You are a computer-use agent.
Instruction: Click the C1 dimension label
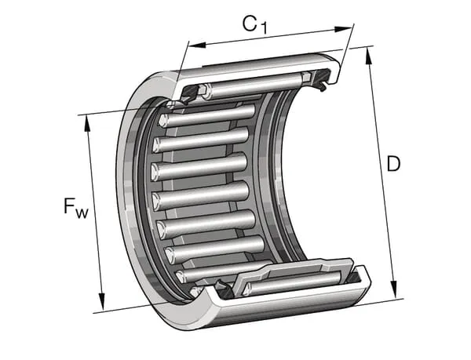[254, 25]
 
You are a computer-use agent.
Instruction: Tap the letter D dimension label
[393, 164]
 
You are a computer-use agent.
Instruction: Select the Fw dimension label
[76, 207]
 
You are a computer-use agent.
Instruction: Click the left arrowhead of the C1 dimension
[196, 45]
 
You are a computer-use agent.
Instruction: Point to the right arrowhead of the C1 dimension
[343, 29]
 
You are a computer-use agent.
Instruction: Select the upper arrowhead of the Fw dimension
[87, 124]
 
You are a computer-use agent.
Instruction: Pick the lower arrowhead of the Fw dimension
[102, 301]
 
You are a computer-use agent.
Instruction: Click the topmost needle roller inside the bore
[207, 116]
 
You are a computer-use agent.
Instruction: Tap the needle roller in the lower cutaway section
[292, 283]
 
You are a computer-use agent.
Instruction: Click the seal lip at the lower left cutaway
[221, 286]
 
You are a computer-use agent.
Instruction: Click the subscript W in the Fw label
[82, 213]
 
